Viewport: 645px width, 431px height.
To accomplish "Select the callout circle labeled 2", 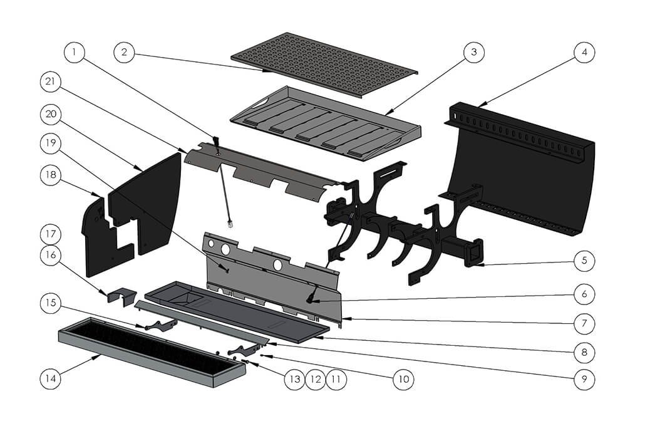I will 125,53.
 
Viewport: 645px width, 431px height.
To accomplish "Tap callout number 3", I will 474,53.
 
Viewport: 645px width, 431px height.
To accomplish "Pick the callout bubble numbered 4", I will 584,53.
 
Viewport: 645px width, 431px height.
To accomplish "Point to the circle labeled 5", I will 584,259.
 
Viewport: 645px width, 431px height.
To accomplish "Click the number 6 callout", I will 584,293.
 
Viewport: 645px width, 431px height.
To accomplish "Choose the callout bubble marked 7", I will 584,324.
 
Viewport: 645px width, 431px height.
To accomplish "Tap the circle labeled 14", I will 52,378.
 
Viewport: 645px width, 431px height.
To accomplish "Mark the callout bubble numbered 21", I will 52,81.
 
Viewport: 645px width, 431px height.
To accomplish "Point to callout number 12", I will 316,378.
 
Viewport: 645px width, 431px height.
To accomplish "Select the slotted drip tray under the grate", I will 326,122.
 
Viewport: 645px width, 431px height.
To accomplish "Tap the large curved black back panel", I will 526,169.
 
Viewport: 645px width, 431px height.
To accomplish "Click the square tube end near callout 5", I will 474,254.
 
